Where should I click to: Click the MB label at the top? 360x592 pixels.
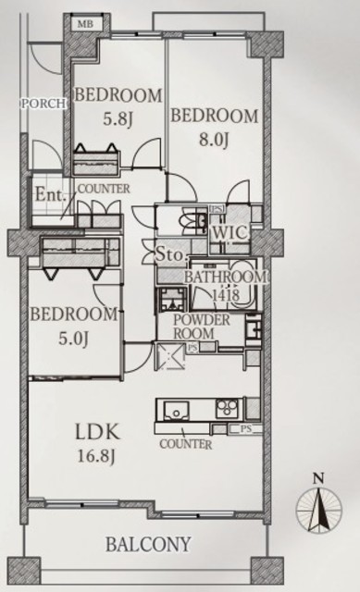coord(85,25)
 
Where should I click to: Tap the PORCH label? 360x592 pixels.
coord(43,104)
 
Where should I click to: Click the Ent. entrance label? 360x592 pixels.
coord(50,195)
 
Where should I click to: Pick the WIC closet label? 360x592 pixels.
coord(230,232)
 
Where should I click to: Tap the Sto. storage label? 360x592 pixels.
coord(172,255)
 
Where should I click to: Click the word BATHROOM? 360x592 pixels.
coord(225,277)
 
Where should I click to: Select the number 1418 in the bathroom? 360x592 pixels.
coord(226,295)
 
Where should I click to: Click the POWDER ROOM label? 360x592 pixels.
coord(202,327)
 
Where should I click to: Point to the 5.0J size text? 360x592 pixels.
coord(73,339)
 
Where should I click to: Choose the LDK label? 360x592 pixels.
coord(98,432)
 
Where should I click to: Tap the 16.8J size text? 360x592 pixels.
coord(95,456)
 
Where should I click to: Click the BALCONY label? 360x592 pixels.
coord(148,545)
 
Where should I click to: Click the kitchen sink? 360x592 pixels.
coord(176,411)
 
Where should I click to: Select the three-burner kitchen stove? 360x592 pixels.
coord(228,409)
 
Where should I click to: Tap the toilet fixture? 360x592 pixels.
coord(193,220)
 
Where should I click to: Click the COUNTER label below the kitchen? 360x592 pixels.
coord(185,444)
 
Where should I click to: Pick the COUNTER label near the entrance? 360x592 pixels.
coord(104,189)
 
